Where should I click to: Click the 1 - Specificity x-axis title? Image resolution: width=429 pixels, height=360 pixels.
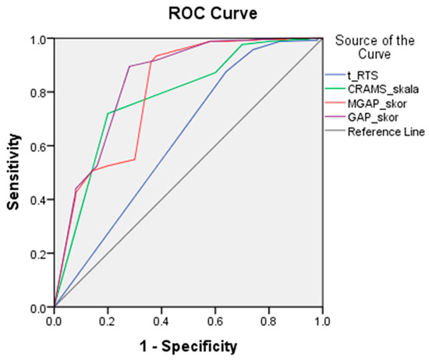(x=188, y=344)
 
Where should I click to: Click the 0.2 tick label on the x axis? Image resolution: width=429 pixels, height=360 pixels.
(x=108, y=319)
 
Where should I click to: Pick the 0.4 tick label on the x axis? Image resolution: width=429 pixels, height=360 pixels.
(x=161, y=319)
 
